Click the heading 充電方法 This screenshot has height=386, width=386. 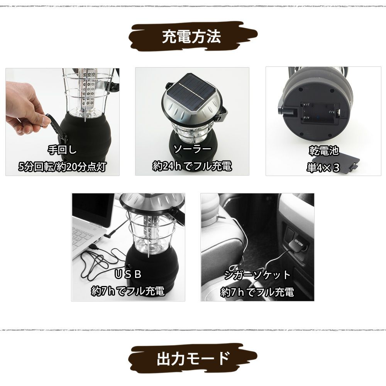191,37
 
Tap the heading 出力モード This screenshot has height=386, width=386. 193,359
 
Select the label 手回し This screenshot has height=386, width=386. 62,150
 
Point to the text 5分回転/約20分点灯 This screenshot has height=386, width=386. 62,167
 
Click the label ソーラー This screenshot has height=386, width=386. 192,149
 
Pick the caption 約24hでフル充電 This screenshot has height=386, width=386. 192,166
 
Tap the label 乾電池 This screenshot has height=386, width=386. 324,151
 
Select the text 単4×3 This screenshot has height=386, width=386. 323,168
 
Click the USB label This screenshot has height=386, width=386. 128,274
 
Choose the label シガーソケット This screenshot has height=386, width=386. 257,275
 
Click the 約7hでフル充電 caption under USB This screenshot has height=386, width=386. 128,291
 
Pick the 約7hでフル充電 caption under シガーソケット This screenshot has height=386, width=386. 257,292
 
